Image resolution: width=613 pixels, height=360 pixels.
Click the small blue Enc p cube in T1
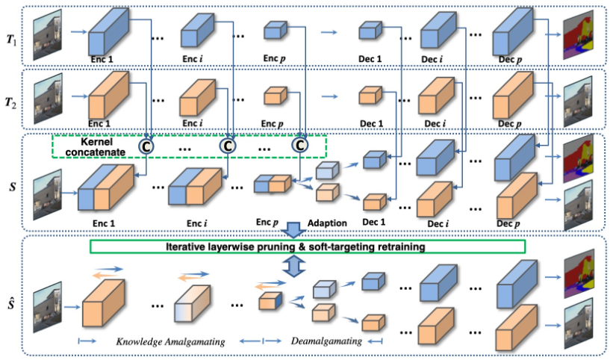[x=274, y=31]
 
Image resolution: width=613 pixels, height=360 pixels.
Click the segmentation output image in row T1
[x=580, y=37]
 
